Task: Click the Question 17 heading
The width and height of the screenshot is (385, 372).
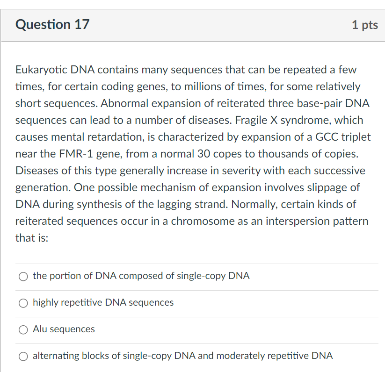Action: pos(52,24)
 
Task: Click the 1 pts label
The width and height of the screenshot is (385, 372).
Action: pos(365,25)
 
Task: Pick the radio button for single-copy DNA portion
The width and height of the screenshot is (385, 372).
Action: pos(24,277)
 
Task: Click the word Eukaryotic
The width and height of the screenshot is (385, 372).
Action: pos(41,70)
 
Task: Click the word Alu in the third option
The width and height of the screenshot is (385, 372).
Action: pos(39,329)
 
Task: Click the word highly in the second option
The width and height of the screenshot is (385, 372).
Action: pos(46,302)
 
